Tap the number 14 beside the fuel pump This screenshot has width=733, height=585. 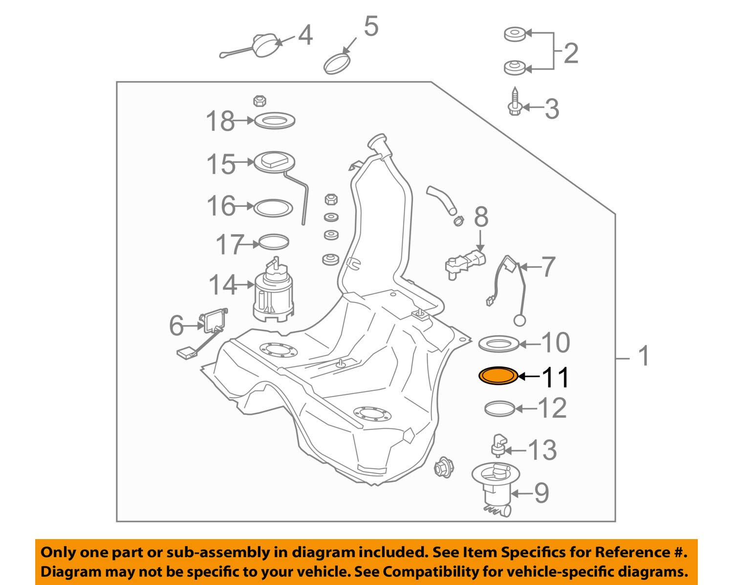click(x=223, y=284)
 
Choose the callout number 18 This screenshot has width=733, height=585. click(x=220, y=121)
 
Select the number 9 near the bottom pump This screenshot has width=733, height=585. click(x=541, y=493)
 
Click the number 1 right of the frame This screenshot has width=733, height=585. click(x=643, y=356)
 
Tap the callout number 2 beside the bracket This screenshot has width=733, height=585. click(x=571, y=53)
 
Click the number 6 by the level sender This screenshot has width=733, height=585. click(x=176, y=325)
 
